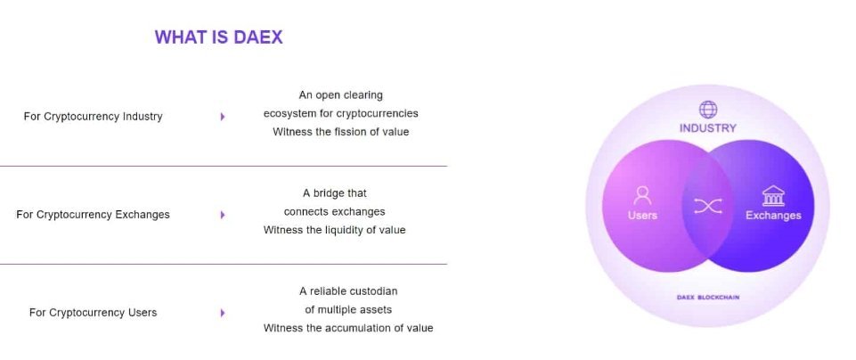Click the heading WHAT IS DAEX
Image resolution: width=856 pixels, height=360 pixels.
219,37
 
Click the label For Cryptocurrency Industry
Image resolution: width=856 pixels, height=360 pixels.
93,117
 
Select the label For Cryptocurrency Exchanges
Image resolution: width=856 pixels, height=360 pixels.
93,215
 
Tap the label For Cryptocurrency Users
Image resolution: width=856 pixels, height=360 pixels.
93,313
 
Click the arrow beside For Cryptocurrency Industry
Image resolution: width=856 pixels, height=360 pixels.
223,117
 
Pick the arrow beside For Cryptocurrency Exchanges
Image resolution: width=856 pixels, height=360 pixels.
223,215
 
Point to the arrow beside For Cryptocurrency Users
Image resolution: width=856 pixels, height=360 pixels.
223,313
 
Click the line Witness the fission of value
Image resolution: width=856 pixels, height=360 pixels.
340,132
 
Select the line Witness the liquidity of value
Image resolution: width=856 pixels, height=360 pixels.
335,230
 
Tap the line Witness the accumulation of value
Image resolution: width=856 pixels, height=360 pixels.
348,328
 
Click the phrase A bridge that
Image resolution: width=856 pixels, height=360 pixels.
335,192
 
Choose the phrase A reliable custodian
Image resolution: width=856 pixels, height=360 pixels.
348,291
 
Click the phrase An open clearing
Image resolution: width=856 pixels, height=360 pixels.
340,95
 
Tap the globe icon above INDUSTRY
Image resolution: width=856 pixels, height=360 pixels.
708,110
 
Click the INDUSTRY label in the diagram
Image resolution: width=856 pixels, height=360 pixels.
708,128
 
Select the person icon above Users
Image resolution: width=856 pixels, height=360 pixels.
642,195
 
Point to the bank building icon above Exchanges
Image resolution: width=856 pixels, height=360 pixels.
773,195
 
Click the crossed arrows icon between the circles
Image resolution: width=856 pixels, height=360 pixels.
708,206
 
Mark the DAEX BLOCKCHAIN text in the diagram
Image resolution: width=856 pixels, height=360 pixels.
708,298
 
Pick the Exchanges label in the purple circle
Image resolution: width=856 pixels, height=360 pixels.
773,216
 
